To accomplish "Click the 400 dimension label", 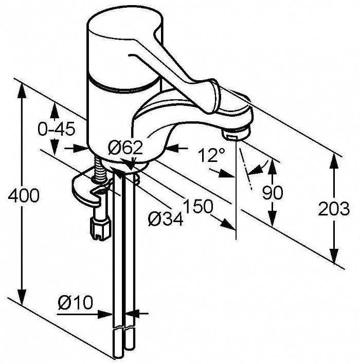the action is click(x=24, y=195).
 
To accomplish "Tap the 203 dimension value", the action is click(x=334, y=209).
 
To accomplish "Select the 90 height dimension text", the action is click(x=273, y=192).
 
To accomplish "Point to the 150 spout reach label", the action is click(x=198, y=206).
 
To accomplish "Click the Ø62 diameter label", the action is click(x=125, y=148).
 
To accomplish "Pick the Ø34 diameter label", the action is click(x=166, y=219).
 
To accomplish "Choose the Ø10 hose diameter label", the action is click(x=76, y=302).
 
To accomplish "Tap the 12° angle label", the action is click(x=211, y=155).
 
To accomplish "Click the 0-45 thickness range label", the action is click(x=57, y=129).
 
